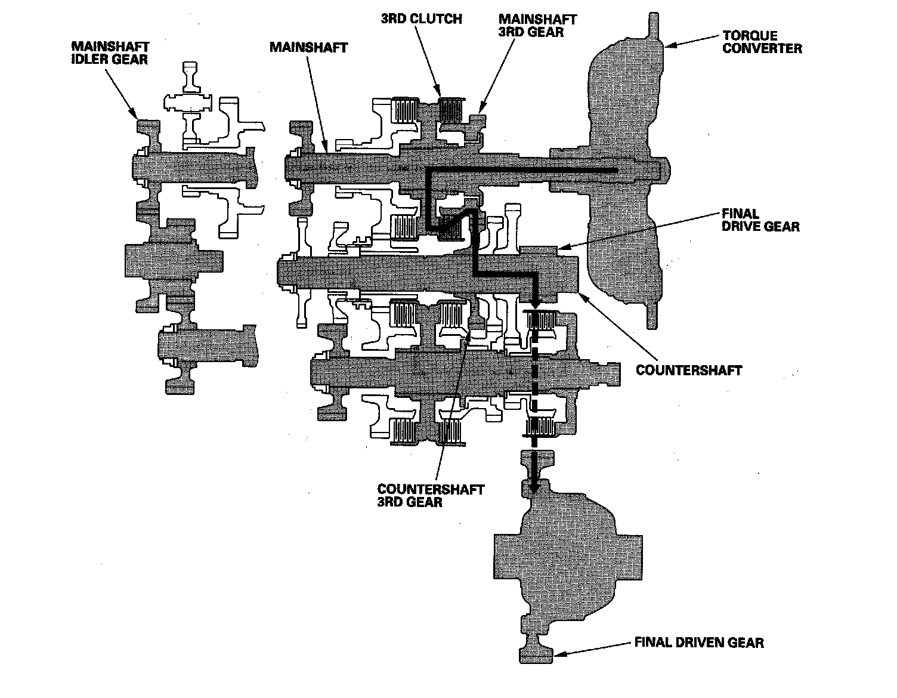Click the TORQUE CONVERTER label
coord(762,42)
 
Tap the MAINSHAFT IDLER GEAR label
coord(110,52)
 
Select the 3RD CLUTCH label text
coord(421,18)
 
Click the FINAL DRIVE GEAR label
coord(760,220)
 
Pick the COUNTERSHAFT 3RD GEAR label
coord(431,495)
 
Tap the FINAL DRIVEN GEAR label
coord(698,642)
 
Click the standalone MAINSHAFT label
coord(308,47)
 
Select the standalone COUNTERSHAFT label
coord(689,370)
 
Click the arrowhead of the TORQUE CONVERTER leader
coord(667,44)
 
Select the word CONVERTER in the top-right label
coord(762,48)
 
